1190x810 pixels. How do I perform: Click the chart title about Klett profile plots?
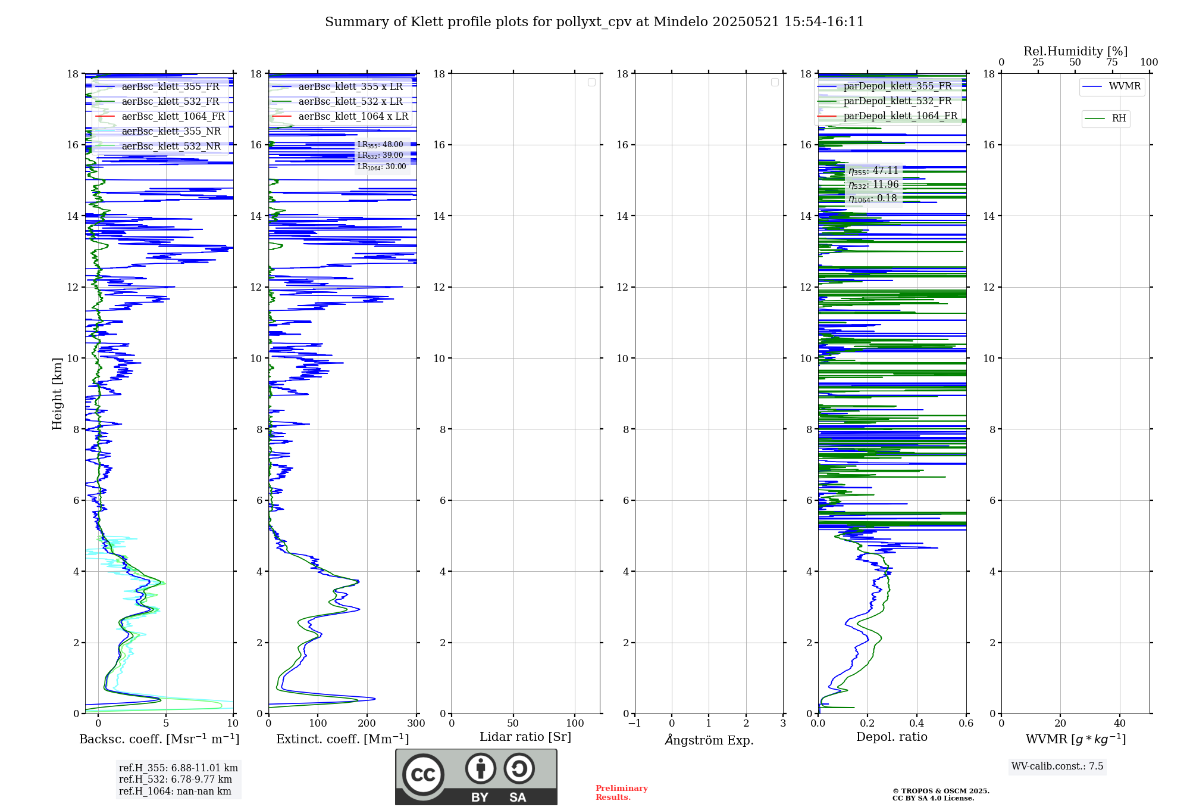pos(594,22)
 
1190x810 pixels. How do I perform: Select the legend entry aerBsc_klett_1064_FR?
pos(173,117)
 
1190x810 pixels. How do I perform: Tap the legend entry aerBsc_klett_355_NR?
pos(171,132)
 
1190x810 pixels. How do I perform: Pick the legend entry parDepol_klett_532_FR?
pos(897,101)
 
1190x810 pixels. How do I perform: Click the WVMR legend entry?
pos(1124,86)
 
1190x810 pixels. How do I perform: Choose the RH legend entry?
pos(1118,119)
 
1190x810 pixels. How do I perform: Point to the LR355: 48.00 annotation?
pos(380,145)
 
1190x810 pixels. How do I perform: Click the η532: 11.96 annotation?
pos(873,185)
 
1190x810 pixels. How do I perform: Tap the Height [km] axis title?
pos(57,394)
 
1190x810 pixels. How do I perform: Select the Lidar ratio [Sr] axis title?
pos(525,737)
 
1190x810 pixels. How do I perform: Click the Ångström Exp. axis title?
pos(709,740)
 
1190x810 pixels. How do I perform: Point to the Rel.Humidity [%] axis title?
pos(1075,51)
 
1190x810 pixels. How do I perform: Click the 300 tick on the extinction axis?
pos(416,724)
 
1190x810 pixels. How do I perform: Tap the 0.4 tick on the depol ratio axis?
pos(917,724)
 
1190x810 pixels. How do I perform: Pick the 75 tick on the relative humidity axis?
pos(1111,63)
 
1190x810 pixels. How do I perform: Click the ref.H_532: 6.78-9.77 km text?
pos(176,780)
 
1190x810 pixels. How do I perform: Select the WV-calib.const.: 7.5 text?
pos(1057,767)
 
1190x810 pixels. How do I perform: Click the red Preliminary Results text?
pos(621,793)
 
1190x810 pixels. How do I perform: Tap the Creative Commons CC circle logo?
pos(423,775)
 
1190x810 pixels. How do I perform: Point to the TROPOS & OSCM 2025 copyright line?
pos(941,791)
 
